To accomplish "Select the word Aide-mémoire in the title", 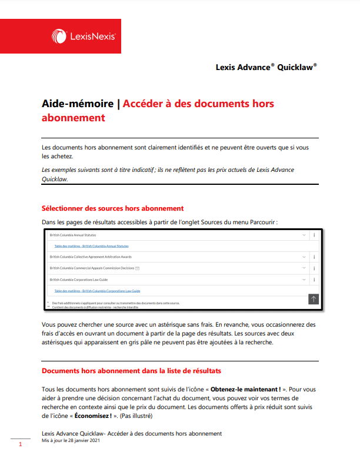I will [78, 104].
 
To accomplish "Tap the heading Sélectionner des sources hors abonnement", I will [113, 208].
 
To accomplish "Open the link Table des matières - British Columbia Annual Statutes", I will [91, 246].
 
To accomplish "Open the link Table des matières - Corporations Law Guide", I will [97, 291].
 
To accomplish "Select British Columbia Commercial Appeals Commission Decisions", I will [92, 268].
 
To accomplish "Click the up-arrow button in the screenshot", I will [314, 299].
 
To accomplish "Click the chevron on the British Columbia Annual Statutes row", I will [304, 235].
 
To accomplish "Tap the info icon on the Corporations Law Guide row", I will [314, 280].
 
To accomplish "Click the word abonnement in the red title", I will [74, 118].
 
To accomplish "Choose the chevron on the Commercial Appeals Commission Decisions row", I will [304, 268].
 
